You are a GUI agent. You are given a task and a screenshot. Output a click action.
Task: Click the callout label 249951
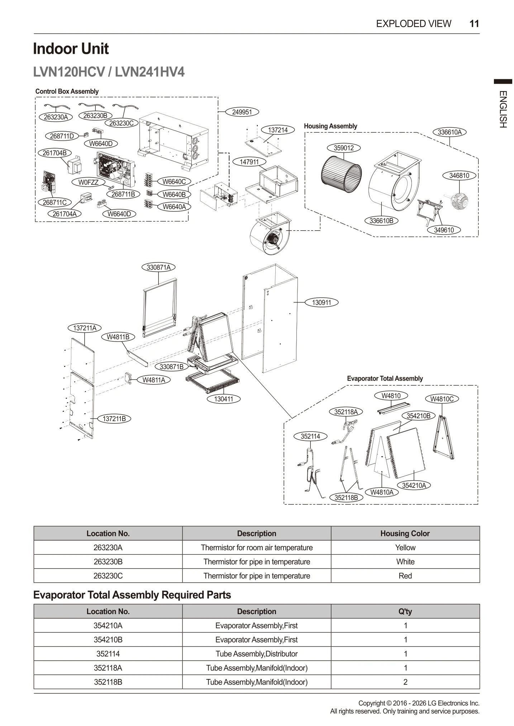pos(242,112)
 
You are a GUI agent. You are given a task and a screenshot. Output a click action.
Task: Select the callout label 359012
pos(343,148)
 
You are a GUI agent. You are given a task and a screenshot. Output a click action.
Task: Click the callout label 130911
pos(321,302)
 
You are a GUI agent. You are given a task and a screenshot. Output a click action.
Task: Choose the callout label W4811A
pos(154,380)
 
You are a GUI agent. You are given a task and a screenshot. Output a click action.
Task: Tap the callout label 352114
pos(310,436)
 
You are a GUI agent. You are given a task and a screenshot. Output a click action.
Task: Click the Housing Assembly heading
pos(330,126)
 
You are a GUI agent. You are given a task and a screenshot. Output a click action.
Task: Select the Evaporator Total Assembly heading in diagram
pos(385,378)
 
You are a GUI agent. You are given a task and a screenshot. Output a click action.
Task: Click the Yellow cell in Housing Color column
pos(405,547)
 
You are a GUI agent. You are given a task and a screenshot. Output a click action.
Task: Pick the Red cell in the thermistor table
pos(405,576)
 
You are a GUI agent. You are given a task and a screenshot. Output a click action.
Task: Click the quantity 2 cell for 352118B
pos(405,682)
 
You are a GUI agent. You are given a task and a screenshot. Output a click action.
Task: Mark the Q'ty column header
pos(405,611)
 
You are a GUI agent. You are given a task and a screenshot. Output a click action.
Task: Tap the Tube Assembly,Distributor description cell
pos(256,654)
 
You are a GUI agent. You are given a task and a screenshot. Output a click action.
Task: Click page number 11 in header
pos(474,24)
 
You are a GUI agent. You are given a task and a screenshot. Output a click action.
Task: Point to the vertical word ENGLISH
pos(503,109)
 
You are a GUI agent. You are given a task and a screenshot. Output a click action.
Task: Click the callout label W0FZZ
pos(88,182)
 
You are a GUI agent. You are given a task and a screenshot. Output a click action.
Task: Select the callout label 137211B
pos(114,419)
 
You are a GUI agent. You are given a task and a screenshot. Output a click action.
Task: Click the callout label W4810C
pos(442,399)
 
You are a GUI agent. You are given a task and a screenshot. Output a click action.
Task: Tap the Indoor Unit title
pos(71,49)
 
